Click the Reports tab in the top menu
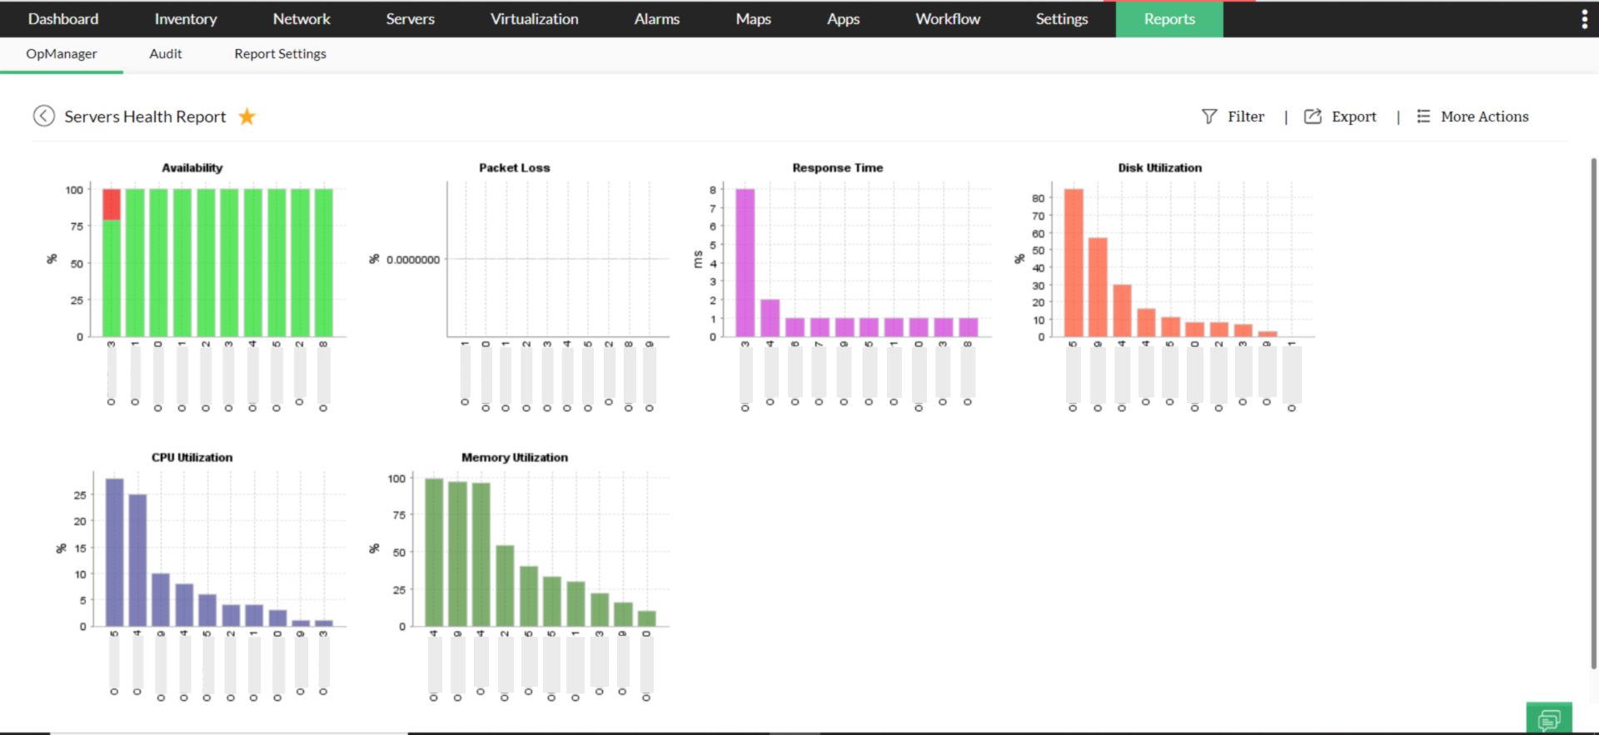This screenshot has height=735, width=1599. tap(1169, 19)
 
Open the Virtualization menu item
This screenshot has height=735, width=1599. tap(534, 19)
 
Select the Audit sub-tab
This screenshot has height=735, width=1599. tap(165, 54)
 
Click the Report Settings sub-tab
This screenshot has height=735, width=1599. tap(280, 54)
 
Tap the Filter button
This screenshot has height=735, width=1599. tap(1233, 117)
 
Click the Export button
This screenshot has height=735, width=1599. tap(1340, 117)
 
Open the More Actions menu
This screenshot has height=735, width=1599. tap(1473, 117)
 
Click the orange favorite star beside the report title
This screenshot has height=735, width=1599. tap(247, 117)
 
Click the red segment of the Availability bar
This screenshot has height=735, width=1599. tap(112, 204)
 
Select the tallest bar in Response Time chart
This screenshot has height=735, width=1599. tap(745, 262)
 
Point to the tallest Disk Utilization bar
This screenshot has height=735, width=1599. tap(1073, 262)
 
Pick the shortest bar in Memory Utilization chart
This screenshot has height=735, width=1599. tap(646, 618)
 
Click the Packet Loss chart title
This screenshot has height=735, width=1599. tap(514, 167)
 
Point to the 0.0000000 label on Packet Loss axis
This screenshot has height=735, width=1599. tap(413, 260)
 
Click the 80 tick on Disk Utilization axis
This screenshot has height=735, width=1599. tap(1038, 198)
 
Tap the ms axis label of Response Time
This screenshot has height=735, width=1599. tap(698, 259)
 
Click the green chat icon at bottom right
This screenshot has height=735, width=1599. tap(1548, 719)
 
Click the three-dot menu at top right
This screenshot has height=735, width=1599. tap(1584, 19)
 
